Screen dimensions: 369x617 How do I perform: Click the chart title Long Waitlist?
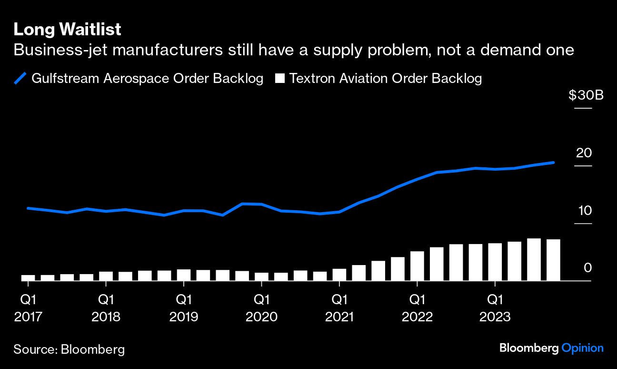click(67, 30)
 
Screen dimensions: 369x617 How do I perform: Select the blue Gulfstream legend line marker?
click(20, 78)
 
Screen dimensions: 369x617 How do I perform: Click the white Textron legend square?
click(280, 79)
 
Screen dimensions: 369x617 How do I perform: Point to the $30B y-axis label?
click(586, 95)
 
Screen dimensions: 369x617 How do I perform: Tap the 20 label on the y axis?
click(584, 153)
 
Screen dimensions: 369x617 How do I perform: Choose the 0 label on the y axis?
click(587, 268)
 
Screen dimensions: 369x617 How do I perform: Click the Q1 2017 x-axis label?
click(28, 308)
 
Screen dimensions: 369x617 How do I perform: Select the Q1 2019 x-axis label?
click(184, 308)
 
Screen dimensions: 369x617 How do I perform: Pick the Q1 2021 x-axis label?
click(339, 308)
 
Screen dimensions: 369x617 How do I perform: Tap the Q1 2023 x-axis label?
click(495, 308)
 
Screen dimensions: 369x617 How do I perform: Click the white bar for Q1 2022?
click(417, 266)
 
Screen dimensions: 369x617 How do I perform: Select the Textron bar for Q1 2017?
click(28, 278)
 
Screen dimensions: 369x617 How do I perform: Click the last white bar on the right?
click(553, 260)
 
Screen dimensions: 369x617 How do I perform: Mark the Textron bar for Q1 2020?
click(261, 277)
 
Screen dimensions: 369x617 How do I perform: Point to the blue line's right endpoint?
click(553, 163)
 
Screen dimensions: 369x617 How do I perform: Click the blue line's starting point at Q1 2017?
click(28, 208)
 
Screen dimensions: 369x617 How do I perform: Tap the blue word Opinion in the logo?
click(582, 348)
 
